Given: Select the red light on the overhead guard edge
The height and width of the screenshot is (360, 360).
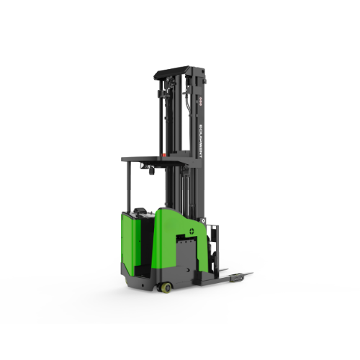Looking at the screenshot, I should (163, 155).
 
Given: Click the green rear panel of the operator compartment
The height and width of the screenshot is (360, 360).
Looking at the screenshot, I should (129, 238).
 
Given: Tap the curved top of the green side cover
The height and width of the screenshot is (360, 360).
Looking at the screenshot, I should (176, 212).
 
